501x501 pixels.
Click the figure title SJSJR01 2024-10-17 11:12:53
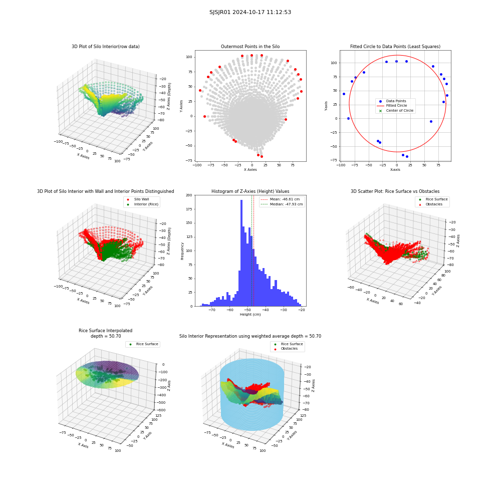[250, 12]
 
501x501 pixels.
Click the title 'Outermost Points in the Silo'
[250, 47]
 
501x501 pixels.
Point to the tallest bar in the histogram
[241, 253]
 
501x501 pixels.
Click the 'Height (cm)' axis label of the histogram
[250, 315]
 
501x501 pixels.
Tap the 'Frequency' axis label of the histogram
[182, 251]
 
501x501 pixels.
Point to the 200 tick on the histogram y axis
[189, 195]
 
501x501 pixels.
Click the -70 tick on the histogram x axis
[212, 310]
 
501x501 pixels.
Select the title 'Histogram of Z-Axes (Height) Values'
[250, 191]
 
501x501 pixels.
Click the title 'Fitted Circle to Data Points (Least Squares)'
[395, 47]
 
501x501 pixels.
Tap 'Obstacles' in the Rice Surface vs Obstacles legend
[433, 204]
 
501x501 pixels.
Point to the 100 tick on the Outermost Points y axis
[189, 57]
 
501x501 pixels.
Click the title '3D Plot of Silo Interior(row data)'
[105, 47]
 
